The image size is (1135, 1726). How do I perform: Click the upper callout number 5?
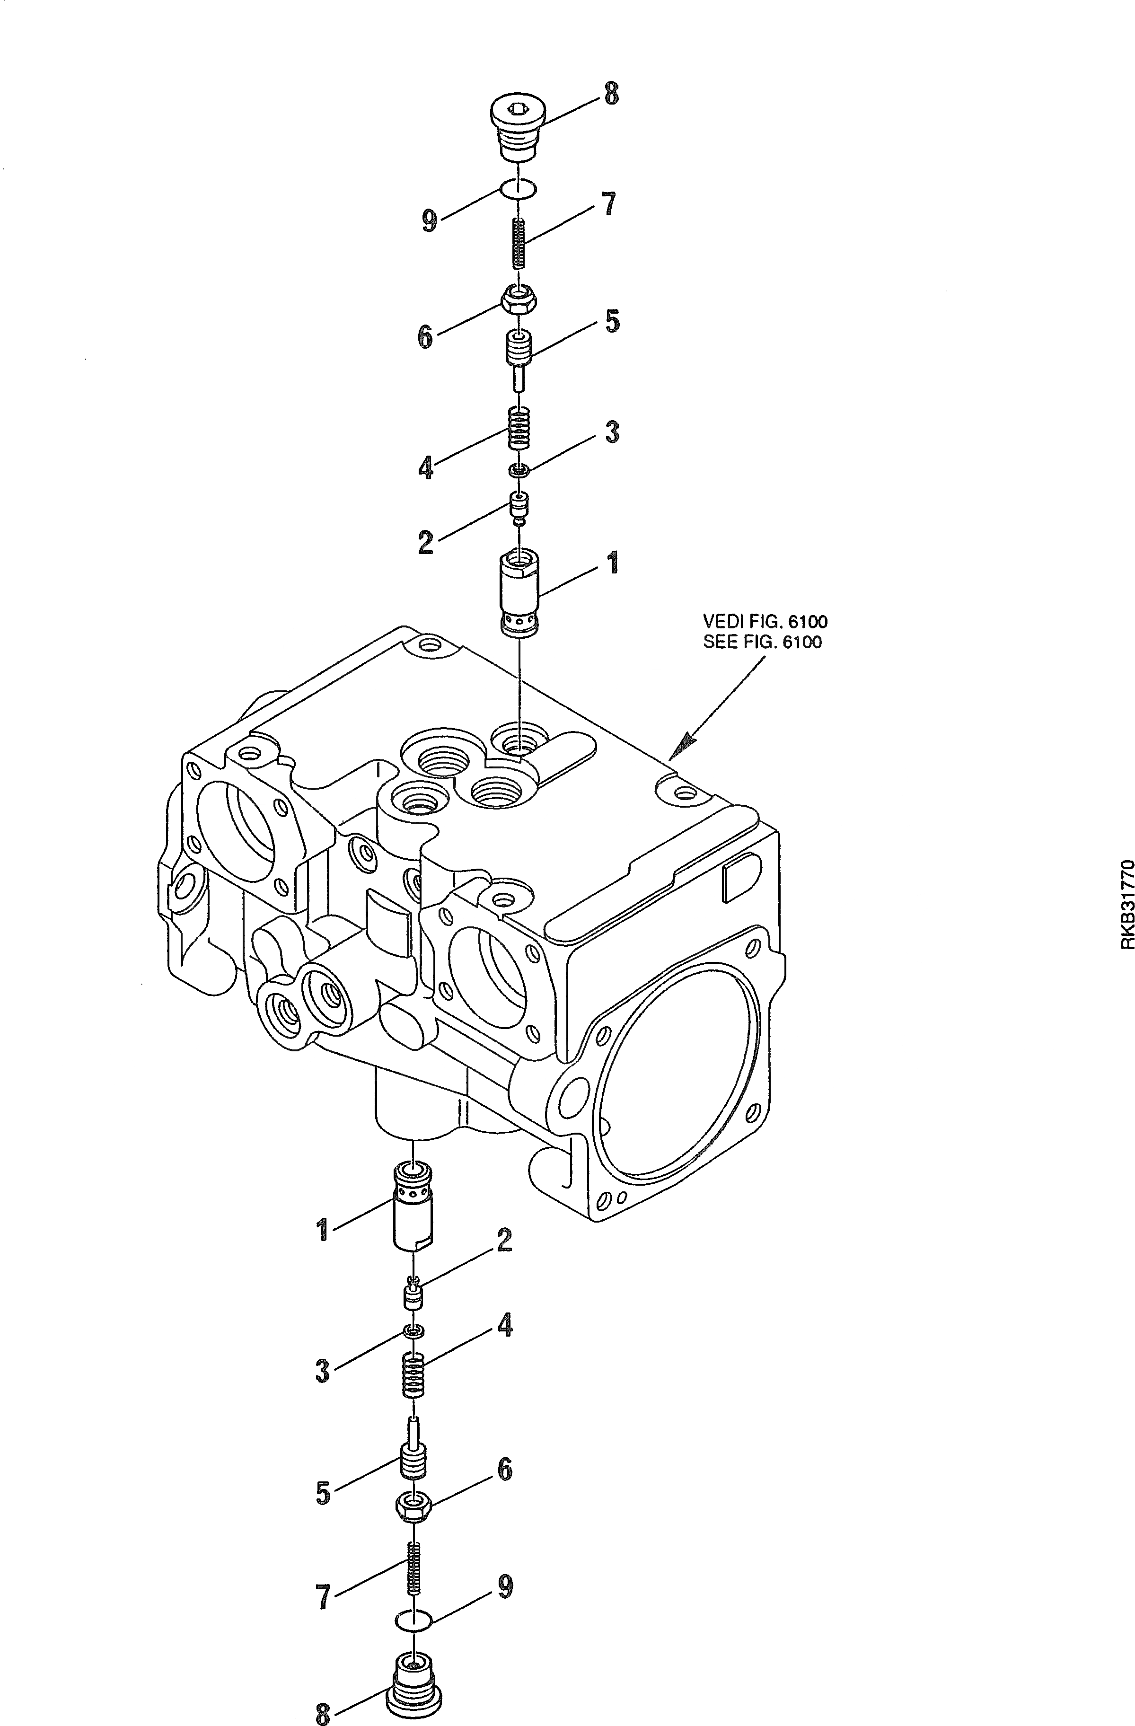point(613,320)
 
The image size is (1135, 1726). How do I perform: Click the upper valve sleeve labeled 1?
point(520,594)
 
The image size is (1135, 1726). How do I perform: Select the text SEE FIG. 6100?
point(762,642)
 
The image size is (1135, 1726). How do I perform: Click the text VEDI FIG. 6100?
point(765,622)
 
